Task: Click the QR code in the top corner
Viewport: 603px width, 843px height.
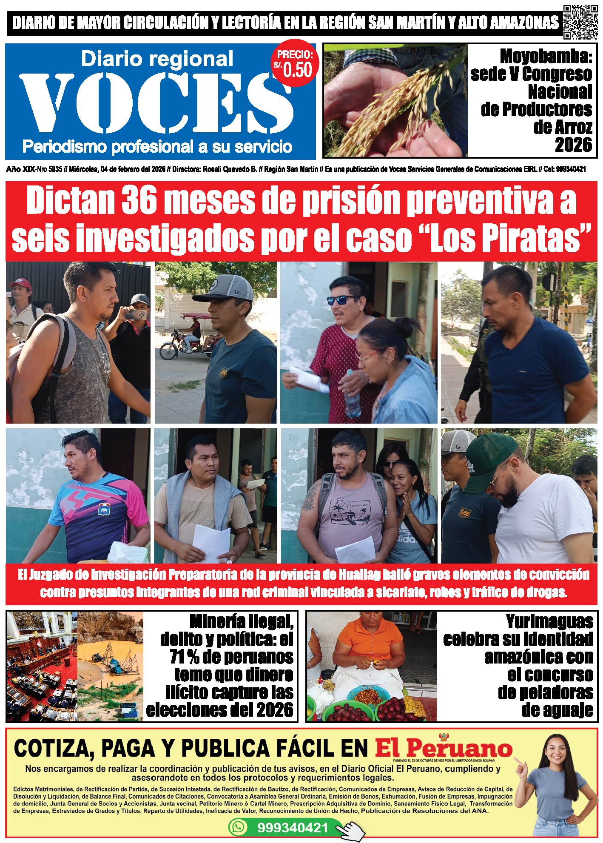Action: click(x=580, y=22)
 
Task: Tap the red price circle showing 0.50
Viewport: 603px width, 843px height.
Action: click(x=295, y=65)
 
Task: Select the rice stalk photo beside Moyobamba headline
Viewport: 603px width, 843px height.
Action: click(x=395, y=100)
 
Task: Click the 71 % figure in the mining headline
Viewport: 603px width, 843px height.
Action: click(x=185, y=657)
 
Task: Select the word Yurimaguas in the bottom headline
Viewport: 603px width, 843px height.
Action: click(x=549, y=622)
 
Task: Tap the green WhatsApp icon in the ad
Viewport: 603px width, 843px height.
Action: click(x=238, y=827)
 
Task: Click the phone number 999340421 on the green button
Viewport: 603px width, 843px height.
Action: click(x=293, y=827)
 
